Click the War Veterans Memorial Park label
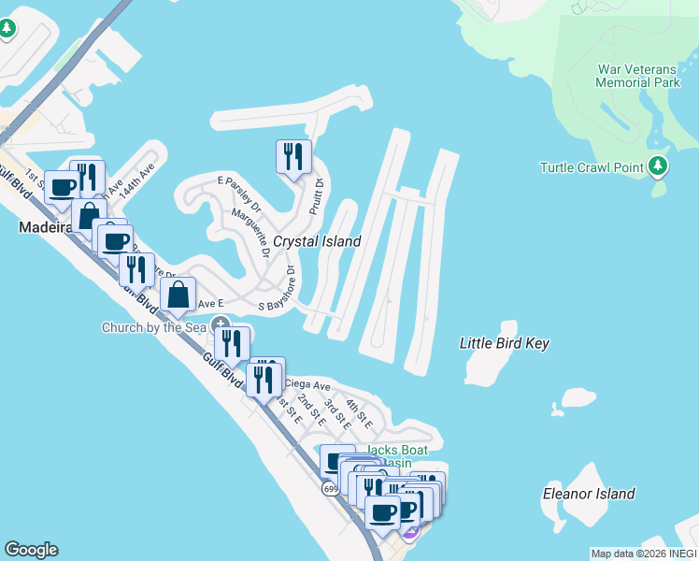tap(638, 76)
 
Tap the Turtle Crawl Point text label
tap(592, 167)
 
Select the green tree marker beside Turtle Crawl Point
tap(659, 166)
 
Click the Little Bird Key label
tap(504, 343)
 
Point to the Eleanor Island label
tap(589, 494)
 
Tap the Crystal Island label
tap(317, 241)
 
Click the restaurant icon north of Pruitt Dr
tap(293, 156)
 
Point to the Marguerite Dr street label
tap(250, 233)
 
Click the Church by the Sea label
tap(154, 327)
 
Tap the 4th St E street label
tap(359, 414)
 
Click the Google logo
tap(31, 550)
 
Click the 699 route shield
tap(331, 488)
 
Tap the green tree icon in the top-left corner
tap(7, 29)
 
